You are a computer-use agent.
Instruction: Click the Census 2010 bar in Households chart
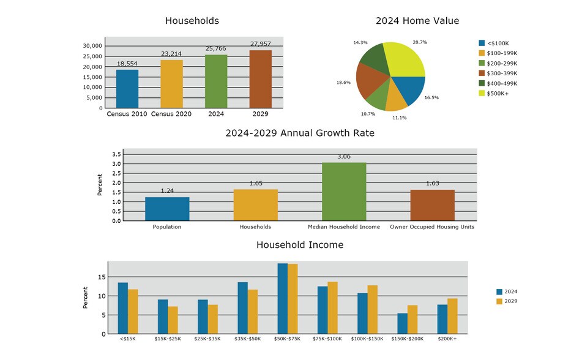point(127,89)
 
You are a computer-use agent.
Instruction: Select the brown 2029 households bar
point(261,79)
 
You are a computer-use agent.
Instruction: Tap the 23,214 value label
point(171,54)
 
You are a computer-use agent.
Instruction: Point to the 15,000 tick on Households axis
point(92,77)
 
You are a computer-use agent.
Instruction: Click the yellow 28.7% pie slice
point(405,59)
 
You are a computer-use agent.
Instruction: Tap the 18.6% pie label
point(343,83)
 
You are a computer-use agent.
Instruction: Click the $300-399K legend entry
point(498,73)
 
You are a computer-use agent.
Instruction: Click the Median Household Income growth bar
point(344,192)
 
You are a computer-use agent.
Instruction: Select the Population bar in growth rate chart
point(167,209)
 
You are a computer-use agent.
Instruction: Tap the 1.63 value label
point(433,183)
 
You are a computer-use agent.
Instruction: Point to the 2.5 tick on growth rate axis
point(116,173)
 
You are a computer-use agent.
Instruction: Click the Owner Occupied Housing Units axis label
point(432,227)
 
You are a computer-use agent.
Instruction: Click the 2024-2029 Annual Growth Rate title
point(300,133)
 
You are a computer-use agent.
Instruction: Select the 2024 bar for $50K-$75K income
point(283,299)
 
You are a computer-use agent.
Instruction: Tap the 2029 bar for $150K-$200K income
point(412,320)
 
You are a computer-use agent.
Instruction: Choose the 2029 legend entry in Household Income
point(507,301)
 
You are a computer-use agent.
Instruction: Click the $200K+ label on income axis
point(447,339)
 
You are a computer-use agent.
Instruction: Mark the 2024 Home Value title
point(417,21)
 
